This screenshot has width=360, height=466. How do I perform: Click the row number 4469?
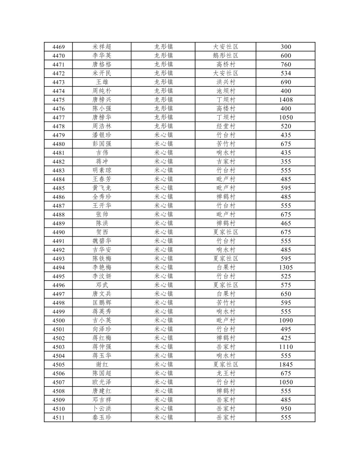pos(58,47)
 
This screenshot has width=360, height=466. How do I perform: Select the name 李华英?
pos(102,56)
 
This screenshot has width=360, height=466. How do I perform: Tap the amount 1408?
pos(286,100)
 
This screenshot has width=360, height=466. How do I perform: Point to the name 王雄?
pos(102,82)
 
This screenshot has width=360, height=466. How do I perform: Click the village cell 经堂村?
pos(225,126)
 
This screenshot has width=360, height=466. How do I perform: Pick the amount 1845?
pos(286,364)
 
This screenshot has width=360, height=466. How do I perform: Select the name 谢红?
pos(102,364)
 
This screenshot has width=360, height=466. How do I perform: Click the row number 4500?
pos(58,320)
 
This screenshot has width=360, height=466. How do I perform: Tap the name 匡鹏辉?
pos(102,303)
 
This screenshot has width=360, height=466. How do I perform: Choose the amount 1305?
pos(286,268)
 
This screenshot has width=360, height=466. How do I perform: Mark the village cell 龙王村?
pos(225,373)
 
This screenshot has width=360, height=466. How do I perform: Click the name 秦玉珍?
pos(102,417)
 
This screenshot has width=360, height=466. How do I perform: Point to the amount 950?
pos(286,409)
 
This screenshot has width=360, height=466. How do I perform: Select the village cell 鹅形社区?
pos(225,56)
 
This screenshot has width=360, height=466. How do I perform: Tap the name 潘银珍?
pos(102,135)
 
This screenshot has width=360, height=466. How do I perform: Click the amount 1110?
pos(286,347)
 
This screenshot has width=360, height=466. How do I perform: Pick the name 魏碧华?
pos(102,241)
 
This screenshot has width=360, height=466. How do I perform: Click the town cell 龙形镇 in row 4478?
pos(163,126)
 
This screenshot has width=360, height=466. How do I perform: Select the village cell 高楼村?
pos(225,109)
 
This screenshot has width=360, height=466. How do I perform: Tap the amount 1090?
pos(286,320)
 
